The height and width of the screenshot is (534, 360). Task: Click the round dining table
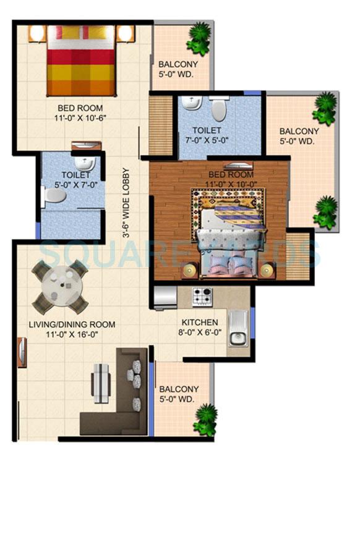(60, 287)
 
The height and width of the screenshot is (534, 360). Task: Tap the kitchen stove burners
(203, 297)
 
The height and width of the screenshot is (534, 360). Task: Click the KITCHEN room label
(199, 323)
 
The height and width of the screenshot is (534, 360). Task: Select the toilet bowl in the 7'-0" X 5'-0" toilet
(218, 110)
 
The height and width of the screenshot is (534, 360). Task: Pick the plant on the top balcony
(199, 38)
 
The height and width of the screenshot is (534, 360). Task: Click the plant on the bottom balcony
(205, 420)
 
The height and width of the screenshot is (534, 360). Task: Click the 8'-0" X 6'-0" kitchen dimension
(199, 333)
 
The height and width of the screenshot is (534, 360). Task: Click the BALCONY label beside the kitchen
(179, 389)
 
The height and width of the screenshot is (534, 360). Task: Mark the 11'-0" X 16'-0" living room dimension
(72, 334)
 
